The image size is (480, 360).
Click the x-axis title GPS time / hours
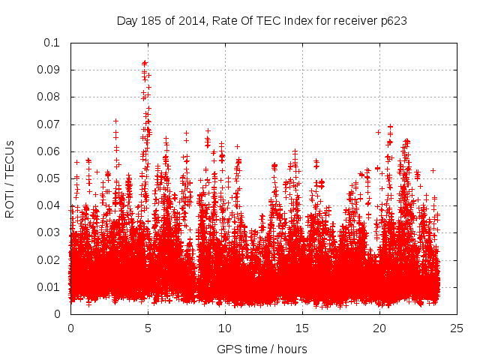pos(262,349)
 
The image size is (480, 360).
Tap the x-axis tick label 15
pos(302,328)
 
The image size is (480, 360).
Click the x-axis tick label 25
pos(457,328)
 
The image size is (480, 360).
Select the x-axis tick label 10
pos(225,328)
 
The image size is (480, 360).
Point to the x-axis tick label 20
pos(379,328)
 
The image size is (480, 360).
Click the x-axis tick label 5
pos(148,328)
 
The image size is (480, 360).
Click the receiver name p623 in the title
pos(392,20)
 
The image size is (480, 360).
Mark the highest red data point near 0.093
pos(145,63)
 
